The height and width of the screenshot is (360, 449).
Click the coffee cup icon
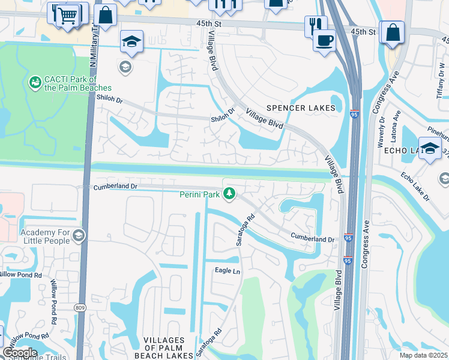pyautogui.click(x=325, y=40)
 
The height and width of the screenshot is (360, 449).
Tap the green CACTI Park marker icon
pyautogui.click(x=35, y=81)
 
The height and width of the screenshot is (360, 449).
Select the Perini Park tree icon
pyautogui.click(x=228, y=193)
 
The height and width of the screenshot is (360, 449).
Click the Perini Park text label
pyautogui.click(x=199, y=194)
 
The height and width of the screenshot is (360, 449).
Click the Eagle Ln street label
pyautogui.click(x=228, y=271)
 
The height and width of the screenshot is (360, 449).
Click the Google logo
pyautogui.click(x=19, y=352)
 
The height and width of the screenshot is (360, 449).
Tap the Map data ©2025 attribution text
pyautogui.click(x=423, y=355)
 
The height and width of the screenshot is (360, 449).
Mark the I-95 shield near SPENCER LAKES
pyautogui.click(x=355, y=112)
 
